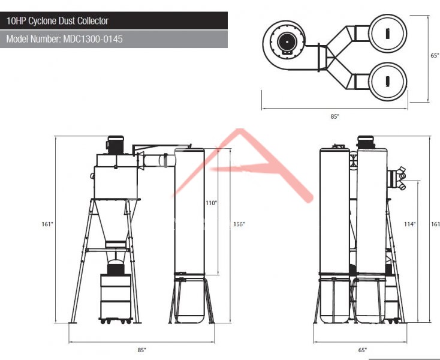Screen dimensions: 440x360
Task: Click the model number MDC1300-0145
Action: (x=92, y=39)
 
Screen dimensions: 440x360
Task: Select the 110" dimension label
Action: (x=211, y=203)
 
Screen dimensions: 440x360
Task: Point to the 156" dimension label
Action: (x=239, y=224)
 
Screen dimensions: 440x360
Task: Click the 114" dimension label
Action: (x=409, y=224)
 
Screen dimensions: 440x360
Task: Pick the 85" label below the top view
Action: (x=334, y=116)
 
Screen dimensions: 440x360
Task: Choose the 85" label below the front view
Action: (x=141, y=350)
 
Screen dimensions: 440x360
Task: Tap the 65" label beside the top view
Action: (x=435, y=55)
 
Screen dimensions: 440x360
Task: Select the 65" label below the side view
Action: (x=363, y=350)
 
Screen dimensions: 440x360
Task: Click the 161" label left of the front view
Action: (x=47, y=224)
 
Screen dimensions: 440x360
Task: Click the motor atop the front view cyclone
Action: (x=115, y=145)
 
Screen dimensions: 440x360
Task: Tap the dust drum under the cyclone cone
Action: (x=116, y=297)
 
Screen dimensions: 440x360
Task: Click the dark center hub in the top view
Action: (x=287, y=41)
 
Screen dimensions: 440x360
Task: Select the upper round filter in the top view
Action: (x=387, y=33)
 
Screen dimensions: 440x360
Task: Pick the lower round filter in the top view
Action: (x=387, y=82)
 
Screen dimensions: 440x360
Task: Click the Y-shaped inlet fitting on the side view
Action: (x=397, y=178)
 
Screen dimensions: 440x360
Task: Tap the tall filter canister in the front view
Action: (x=189, y=211)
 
